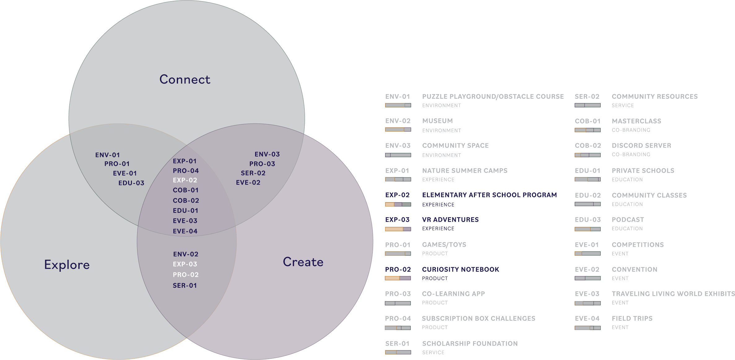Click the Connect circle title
[x=185, y=80]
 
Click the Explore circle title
[x=67, y=265]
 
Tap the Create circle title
[x=303, y=262]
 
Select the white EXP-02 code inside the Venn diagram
[x=185, y=180]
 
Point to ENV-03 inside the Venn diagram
[x=267, y=154]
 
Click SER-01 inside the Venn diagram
[x=185, y=285]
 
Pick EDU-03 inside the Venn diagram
[x=131, y=183]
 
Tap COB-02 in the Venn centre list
[x=186, y=201]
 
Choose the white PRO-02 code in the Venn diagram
[x=186, y=275]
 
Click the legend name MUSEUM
[x=437, y=121]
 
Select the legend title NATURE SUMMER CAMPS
[x=465, y=171]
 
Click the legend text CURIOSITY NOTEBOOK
[x=460, y=269]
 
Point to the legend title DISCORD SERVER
[x=641, y=145]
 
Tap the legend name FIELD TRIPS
[x=632, y=319]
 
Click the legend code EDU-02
[x=588, y=195]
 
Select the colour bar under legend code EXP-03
[x=398, y=229]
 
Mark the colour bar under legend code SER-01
[x=398, y=352]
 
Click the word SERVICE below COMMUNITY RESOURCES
[x=623, y=106]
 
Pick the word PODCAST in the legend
[x=628, y=219]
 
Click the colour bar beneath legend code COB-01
[x=587, y=130]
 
